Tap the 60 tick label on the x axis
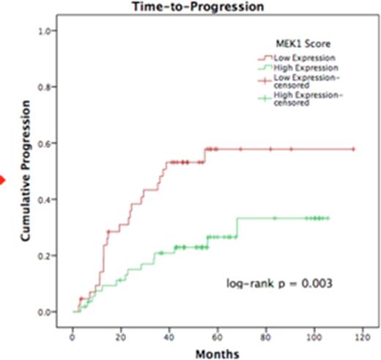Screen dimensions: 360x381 (x=217, y=334)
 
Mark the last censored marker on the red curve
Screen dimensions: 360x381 (x=353, y=150)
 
